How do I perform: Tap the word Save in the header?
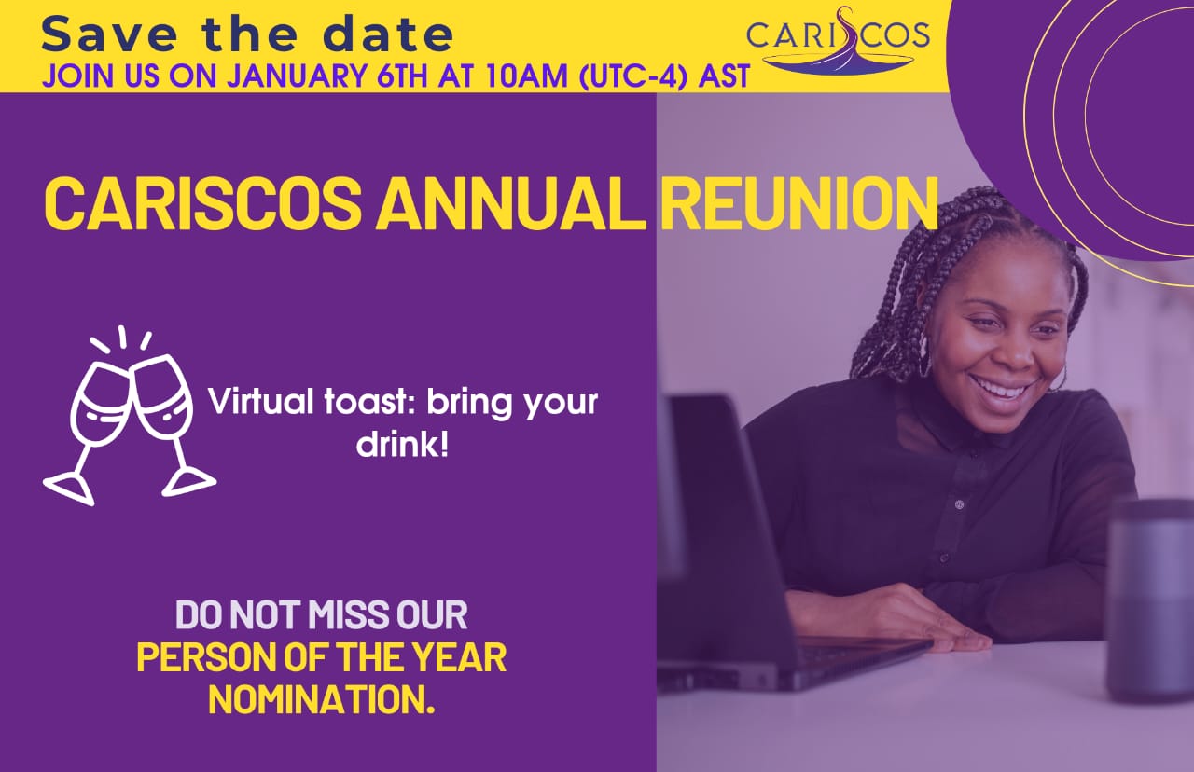[109, 34]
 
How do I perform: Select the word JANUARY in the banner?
[297, 76]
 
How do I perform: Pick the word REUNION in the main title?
[798, 202]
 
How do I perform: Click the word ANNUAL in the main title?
[510, 202]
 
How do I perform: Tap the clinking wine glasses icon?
[130, 416]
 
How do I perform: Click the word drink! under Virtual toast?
[402, 444]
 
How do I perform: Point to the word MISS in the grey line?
[342, 614]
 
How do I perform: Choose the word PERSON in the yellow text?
[207, 657]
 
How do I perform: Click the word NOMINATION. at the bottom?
[322, 699]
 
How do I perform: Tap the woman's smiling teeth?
[1002, 389]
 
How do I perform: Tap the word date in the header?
[388, 34]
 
